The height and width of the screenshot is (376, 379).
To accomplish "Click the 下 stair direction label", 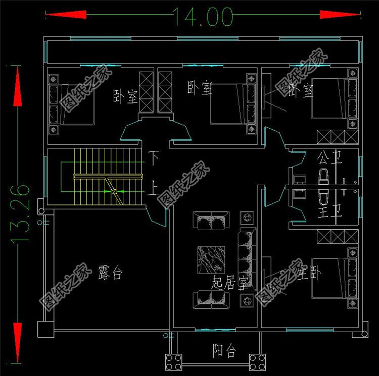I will (153, 157).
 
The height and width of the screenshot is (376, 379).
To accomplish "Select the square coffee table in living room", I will (211, 260).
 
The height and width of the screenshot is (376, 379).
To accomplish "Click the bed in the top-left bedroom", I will (71, 102).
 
